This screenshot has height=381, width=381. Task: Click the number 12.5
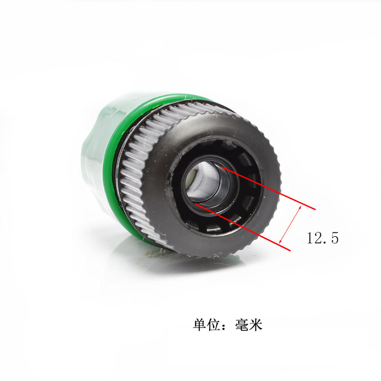tap(323, 238)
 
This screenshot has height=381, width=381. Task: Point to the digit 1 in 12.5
tap(310, 238)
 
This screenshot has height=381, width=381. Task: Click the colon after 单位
tap(224, 325)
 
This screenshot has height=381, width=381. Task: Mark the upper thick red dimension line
tap(268, 188)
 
